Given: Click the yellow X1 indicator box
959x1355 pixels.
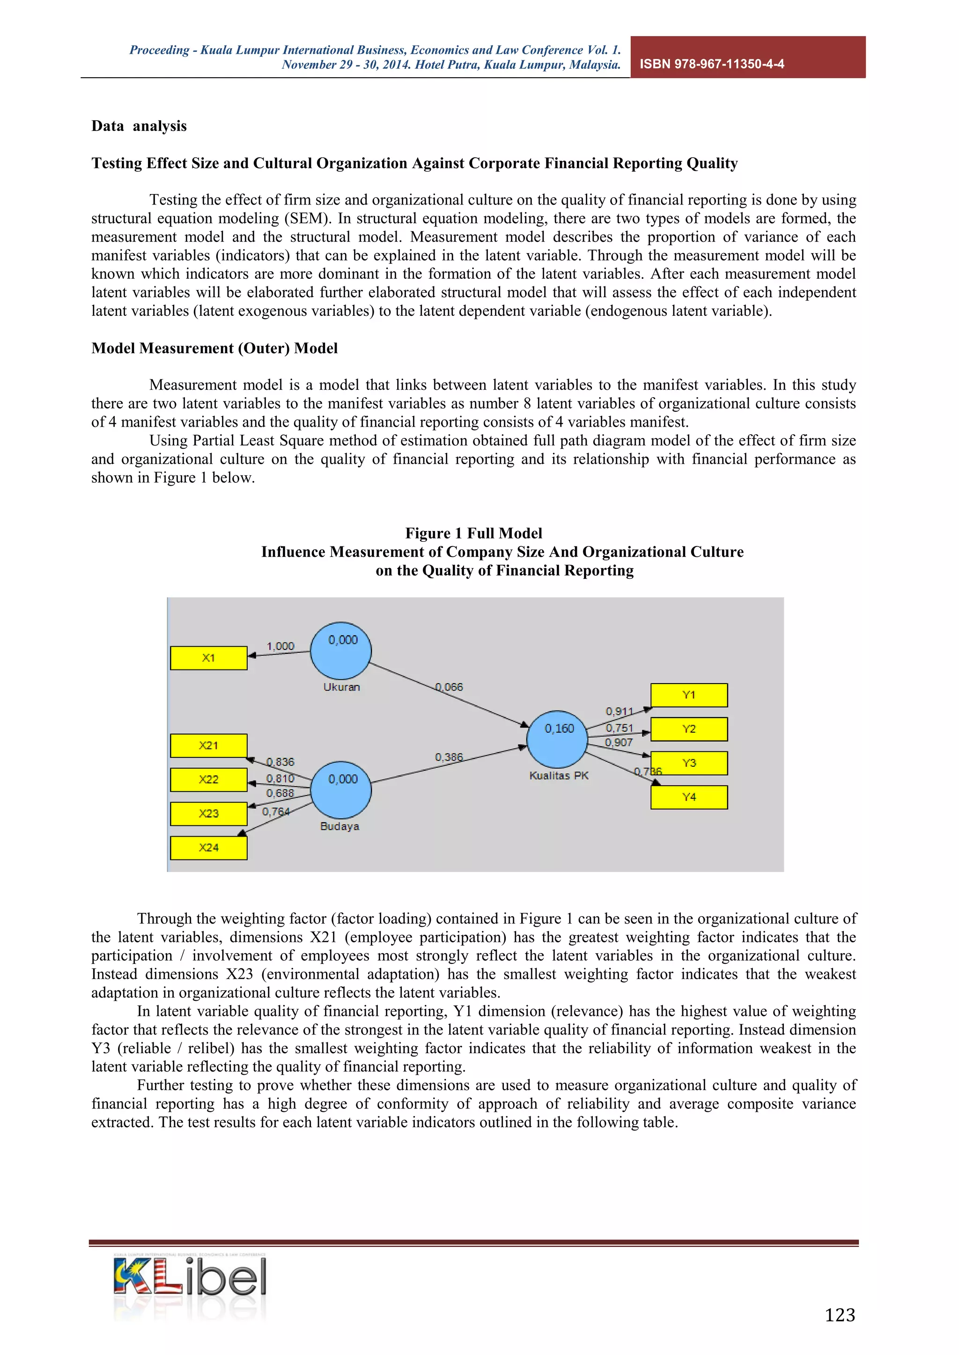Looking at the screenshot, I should pos(208,658).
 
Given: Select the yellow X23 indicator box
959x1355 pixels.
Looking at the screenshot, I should pos(208,814).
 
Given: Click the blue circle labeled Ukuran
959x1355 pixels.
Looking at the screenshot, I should pos(341,651).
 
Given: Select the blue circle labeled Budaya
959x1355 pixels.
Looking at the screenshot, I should pos(341,790).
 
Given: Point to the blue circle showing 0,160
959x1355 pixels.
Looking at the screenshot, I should pos(557,739).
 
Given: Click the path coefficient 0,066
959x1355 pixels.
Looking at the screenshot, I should pos(449,687).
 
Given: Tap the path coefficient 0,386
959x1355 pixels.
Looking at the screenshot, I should pos(449,757).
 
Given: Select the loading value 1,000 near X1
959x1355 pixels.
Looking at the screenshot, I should pos(280,646).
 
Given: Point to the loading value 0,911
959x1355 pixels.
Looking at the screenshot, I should pos(619,712).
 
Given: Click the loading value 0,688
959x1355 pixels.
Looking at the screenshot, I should pos(280,793).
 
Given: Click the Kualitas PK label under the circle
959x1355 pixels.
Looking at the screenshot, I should pos(559,775).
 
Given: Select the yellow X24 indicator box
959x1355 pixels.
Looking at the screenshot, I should pos(208,848).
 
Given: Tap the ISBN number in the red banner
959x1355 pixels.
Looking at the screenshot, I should pos(712,64).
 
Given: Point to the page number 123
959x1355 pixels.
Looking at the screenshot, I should pos(839,1315).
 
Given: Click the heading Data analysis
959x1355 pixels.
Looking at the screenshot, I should pos(139,126).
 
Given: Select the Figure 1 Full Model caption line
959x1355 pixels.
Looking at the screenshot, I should pos(473,533).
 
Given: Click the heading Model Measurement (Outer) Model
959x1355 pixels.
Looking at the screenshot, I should pos(214,348).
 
